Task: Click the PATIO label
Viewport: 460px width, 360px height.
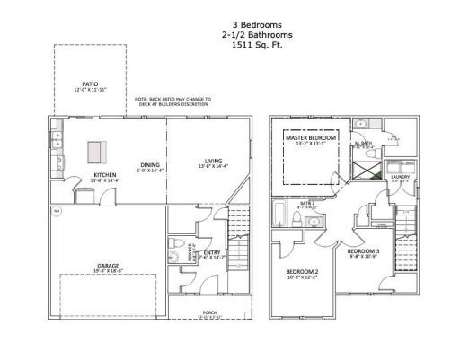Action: pos(90,84)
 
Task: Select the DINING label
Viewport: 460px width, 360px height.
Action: pos(149,164)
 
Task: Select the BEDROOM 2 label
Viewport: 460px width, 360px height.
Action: pos(304,271)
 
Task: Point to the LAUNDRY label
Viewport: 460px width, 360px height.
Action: pos(401,178)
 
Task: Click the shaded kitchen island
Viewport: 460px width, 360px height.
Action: pos(95,151)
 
